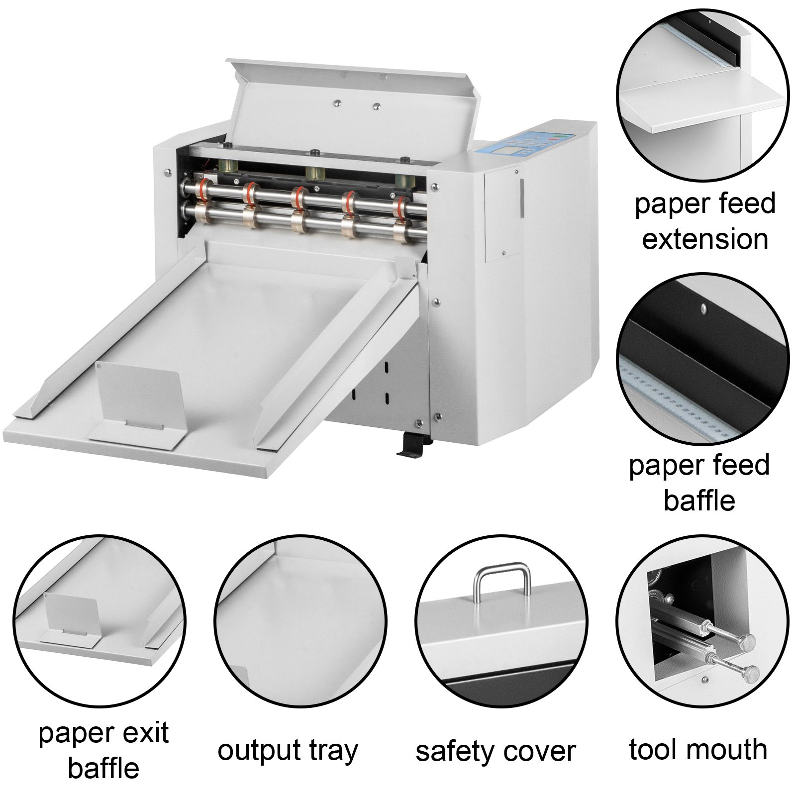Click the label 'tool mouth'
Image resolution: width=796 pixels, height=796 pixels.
tap(697, 749)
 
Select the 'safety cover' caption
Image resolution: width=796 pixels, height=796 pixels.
tap(496, 751)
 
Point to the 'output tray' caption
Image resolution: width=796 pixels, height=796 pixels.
tap(288, 750)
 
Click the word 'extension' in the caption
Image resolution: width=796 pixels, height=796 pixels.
tap(705, 239)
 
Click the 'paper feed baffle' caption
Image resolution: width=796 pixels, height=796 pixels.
tap(699, 483)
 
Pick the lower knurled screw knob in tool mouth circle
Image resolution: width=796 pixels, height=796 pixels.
tap(750, 672)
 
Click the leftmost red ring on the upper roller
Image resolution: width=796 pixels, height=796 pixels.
tap(200, 190)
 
